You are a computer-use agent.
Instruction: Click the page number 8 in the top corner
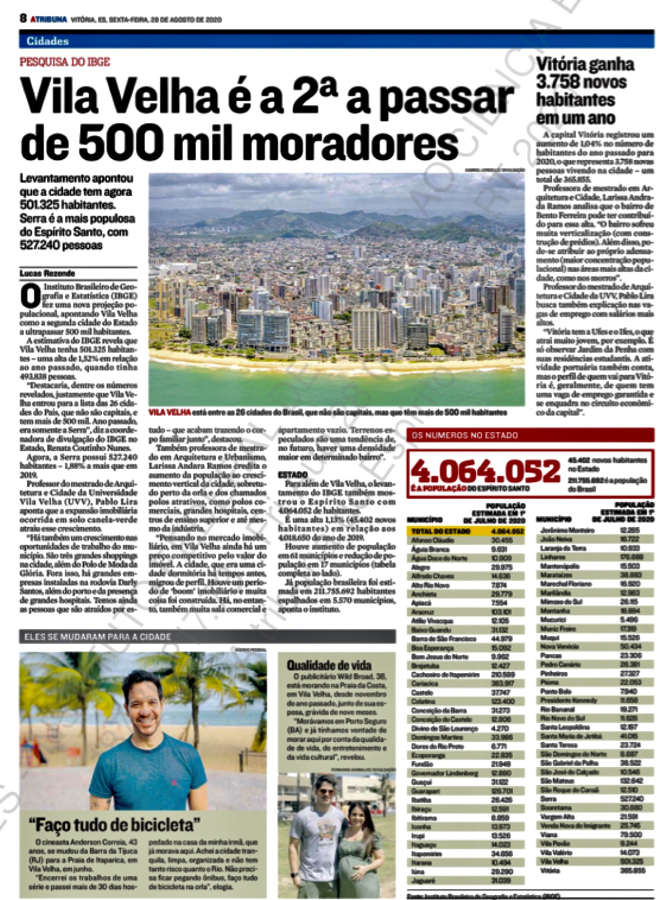[x=23, y=18]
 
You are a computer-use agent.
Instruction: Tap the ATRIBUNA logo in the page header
[x=49, y=20]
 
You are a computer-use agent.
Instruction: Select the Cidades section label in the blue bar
[x=47, y=41]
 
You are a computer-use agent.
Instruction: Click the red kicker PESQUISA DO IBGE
[x=65, y=62]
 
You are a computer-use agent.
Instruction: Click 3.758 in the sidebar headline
[x=559, y=82]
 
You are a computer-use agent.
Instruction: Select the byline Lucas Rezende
[x=47, y=273]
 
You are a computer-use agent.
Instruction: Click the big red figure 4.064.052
[x=485, y=471]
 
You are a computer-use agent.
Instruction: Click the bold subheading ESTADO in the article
[x=293, y=475]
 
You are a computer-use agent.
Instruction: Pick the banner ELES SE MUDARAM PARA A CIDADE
[x=98, y=637]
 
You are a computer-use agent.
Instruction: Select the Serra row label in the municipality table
[x=549, y=799]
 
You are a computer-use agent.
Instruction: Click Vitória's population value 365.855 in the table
[x=632, y=870]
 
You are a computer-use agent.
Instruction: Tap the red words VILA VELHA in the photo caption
[x=169, y=412]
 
